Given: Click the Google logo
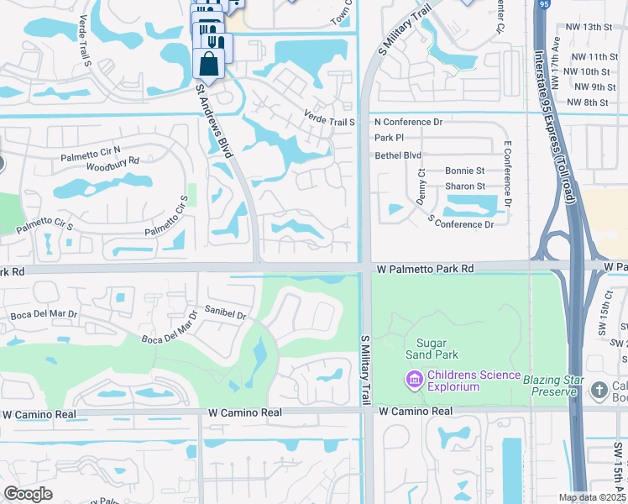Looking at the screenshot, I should pos(28,494).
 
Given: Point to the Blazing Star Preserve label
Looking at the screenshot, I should pos(552,380).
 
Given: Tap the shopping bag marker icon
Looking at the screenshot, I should pos(207,65).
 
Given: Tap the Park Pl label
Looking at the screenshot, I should pos(389,137).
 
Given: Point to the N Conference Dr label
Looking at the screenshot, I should pos(408,122).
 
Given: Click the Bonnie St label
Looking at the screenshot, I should pos(465,171).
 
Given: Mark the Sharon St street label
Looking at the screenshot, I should pos(465,186).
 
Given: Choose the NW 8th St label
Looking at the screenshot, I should pos(588,102).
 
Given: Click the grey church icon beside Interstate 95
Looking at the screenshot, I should pos(599,390).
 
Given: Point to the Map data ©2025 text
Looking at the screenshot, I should pos(593,497).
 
